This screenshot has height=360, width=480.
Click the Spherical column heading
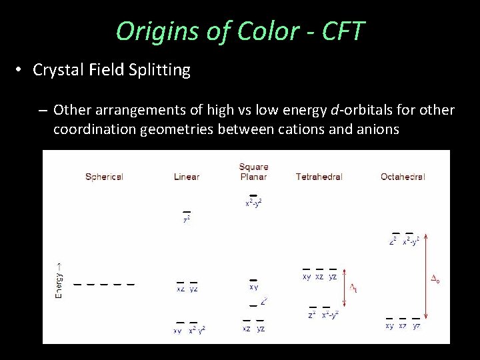(104, 177)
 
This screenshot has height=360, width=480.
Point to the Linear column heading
(187, 177)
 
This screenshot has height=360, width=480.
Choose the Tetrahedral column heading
(319, 177)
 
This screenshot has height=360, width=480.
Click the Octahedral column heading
(403, 177)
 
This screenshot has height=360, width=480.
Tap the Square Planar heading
(253, 171)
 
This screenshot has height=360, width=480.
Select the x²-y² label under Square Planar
(253, 203)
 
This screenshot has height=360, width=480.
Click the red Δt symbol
(353, 287)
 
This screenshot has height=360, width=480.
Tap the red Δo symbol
(435, 281)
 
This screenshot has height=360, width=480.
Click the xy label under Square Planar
(253, 287)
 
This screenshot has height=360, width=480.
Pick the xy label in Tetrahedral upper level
(306, 276)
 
